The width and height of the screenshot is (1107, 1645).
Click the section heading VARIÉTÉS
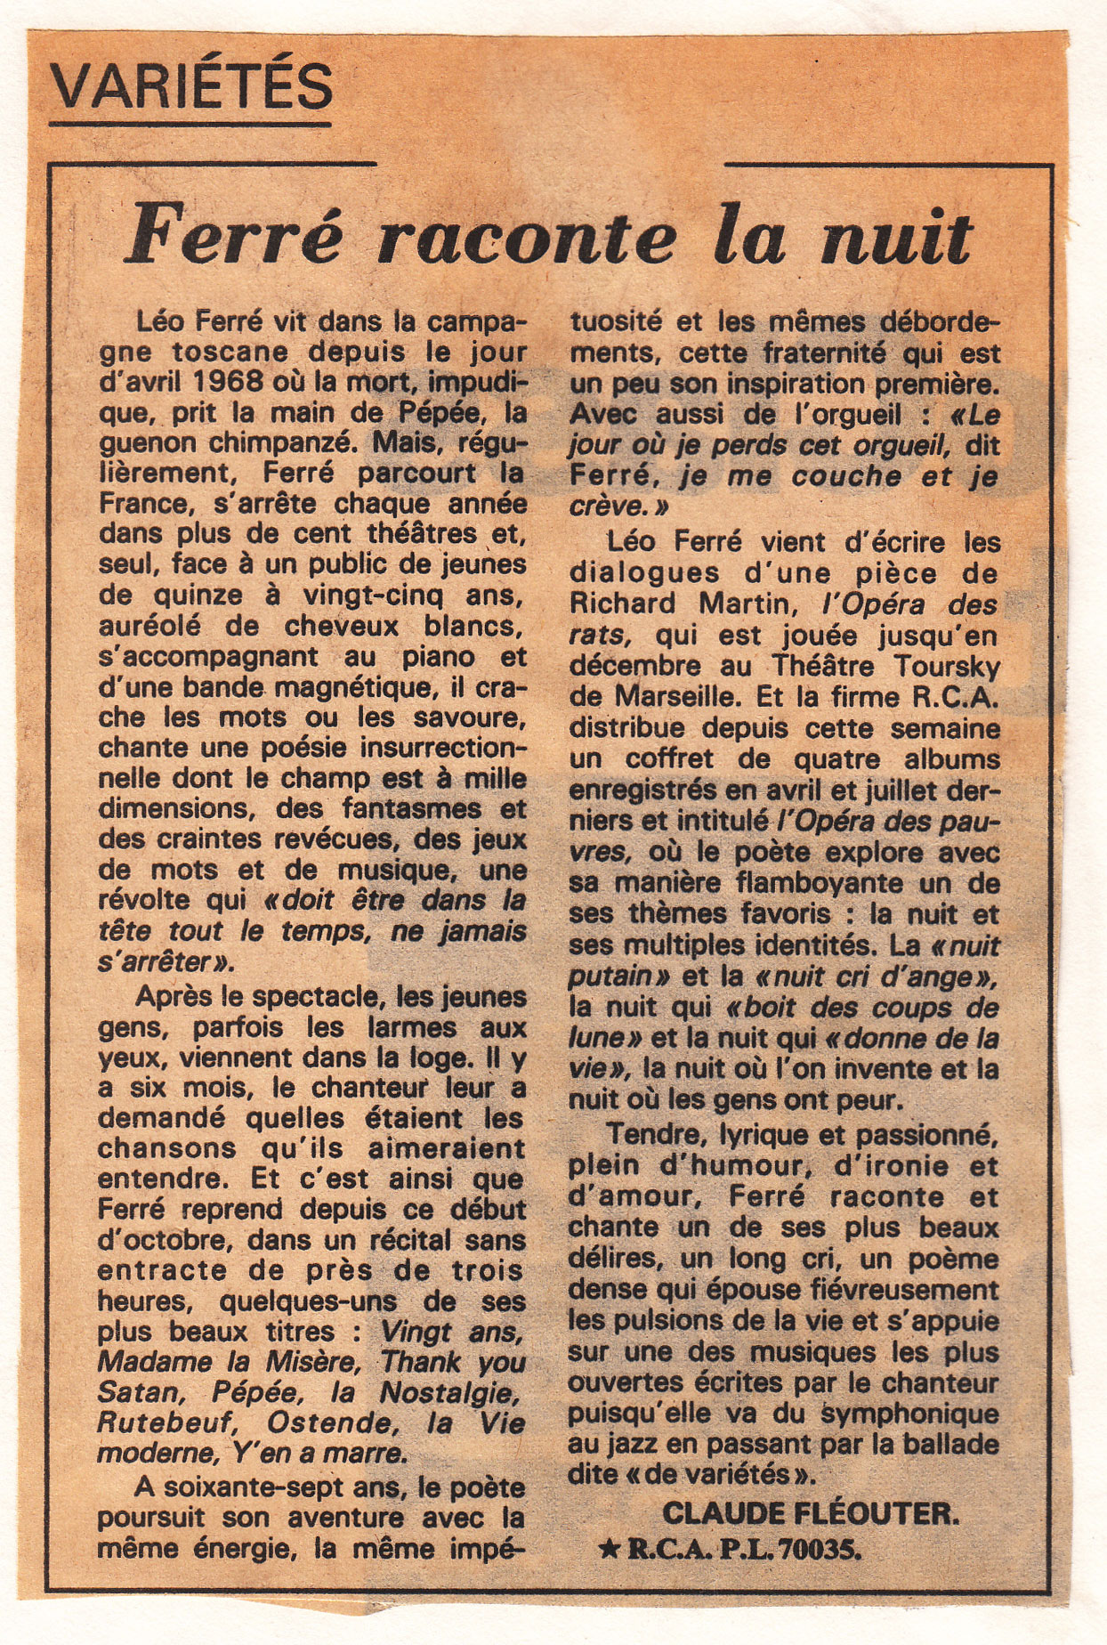190,87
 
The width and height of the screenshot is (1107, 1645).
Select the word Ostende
340,1422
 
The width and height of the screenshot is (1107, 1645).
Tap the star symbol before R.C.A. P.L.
610,1550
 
